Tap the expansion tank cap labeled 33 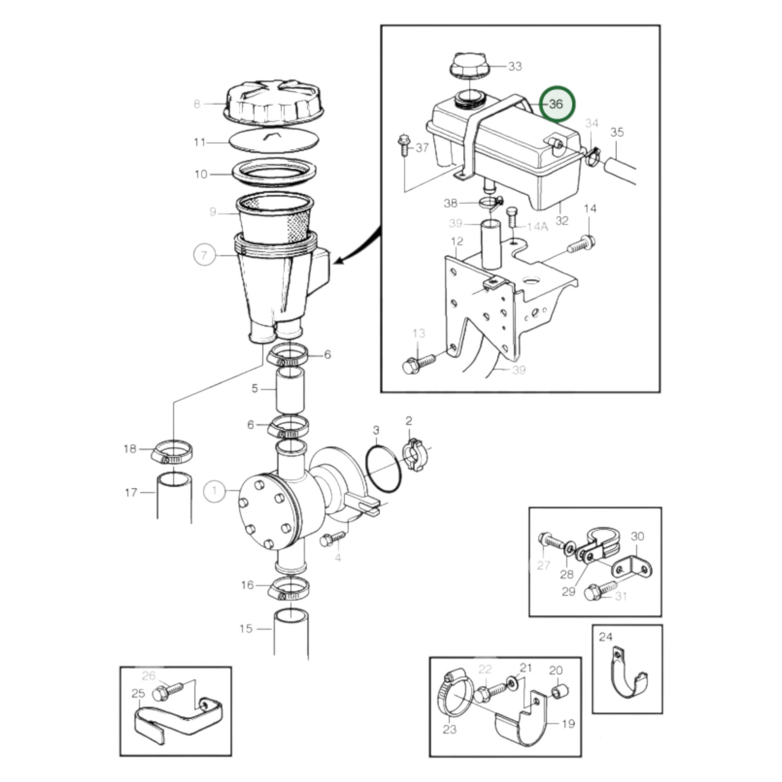coord(469,66)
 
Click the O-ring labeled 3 coord(384,469)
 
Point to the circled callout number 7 coord(204,254)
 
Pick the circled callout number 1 coord(214,491)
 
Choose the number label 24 coord(605,637)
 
